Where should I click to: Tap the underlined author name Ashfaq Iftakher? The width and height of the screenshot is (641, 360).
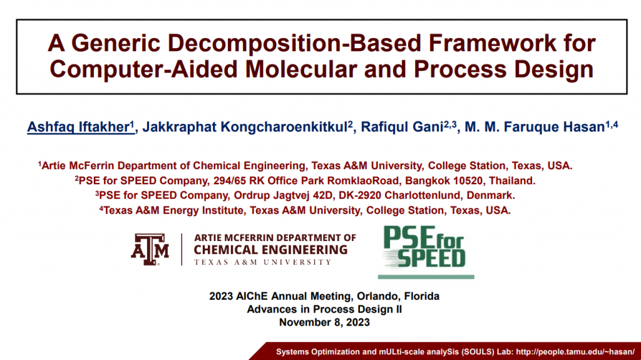point(81,127)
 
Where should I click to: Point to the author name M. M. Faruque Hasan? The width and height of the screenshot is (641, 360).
point(535,127)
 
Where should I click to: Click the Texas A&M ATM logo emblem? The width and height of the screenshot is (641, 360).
point(150,249)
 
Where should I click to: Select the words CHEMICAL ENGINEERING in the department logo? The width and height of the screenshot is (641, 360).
point(270,250)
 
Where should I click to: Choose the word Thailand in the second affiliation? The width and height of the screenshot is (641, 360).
point(512,181)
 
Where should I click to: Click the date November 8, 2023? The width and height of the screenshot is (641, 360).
point(325,322)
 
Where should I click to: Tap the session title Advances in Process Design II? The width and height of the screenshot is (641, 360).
point(325,309)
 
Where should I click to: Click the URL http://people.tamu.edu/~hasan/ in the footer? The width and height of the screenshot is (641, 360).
point(575,352)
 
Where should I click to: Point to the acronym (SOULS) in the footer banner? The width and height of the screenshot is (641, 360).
point(478,352)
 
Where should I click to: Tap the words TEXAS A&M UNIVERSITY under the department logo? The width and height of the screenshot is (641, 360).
point(262,262)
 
